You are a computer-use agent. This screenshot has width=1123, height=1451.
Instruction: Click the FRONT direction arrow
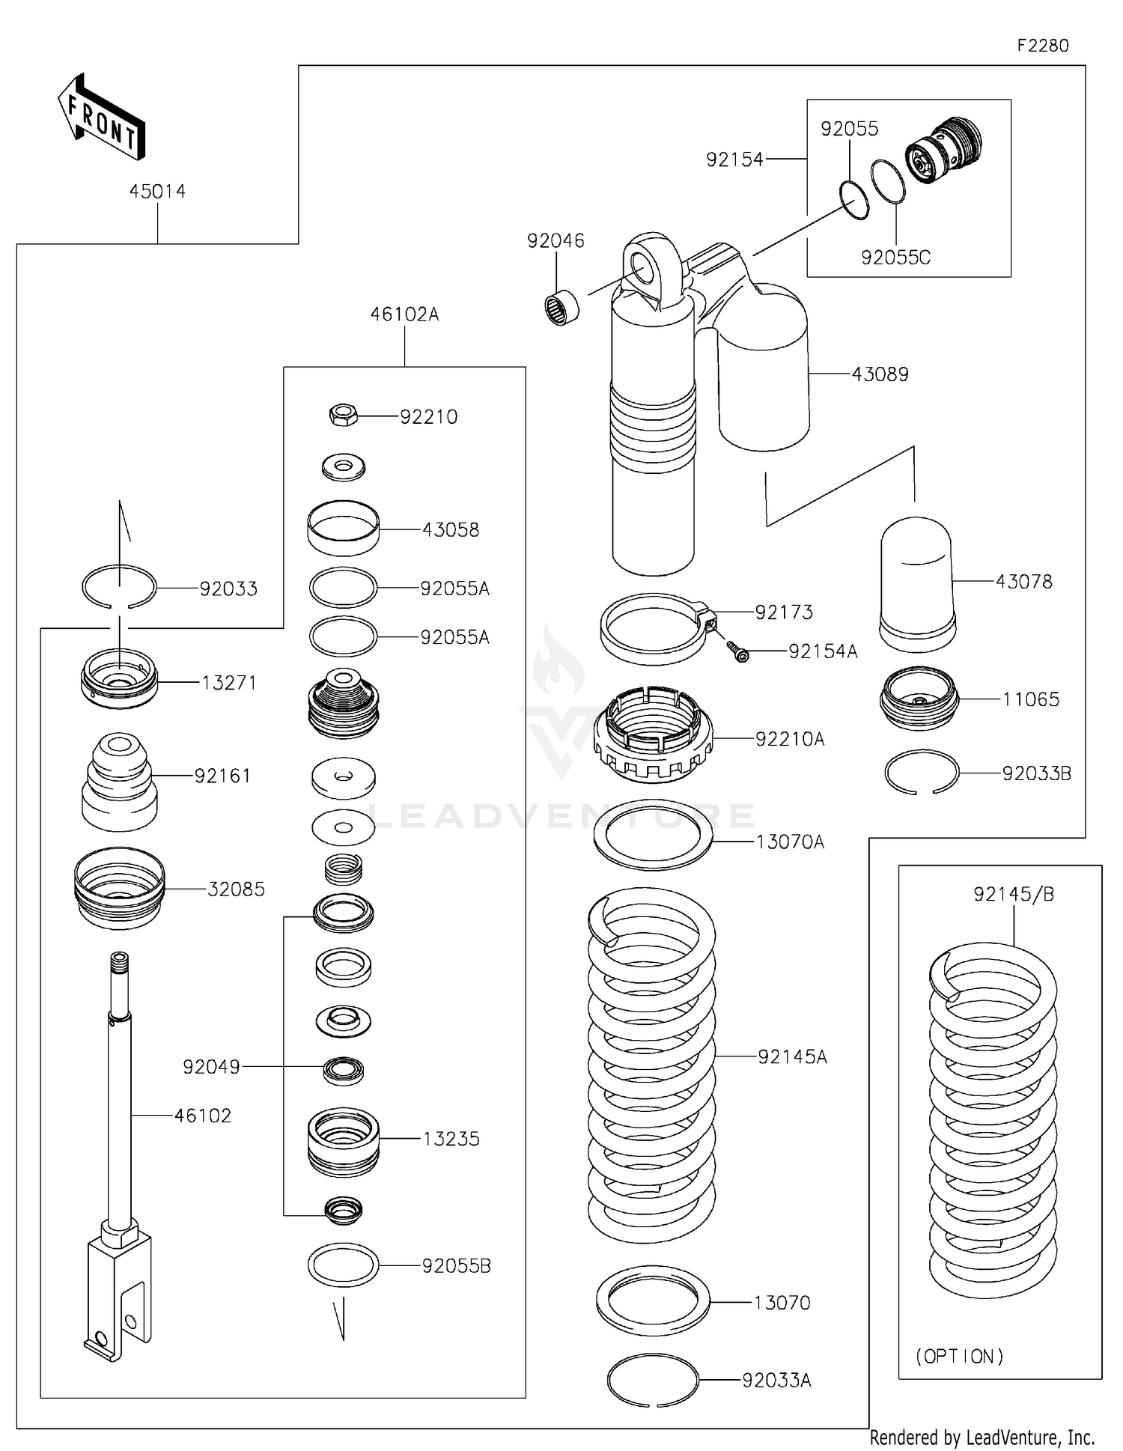click(101, 118)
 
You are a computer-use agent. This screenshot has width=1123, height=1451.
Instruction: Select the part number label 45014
click(157, 192)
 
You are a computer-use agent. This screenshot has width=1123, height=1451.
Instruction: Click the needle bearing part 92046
click(561, 308)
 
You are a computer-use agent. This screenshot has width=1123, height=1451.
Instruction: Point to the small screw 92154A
click(738, 651)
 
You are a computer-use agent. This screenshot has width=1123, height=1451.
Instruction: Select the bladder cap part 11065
click(919, 698)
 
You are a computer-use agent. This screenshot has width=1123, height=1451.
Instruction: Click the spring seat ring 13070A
click(652, 835)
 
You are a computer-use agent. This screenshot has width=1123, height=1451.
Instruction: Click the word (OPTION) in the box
click(959, 1355)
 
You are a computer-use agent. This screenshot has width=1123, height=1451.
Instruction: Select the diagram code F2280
click(1043, 46)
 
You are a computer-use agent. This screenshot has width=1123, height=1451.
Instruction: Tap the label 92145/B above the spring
click(1014, 895)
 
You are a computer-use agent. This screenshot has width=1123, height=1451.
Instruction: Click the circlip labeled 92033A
click(652, 1380)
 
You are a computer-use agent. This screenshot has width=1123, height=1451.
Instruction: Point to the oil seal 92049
click(343, 1070)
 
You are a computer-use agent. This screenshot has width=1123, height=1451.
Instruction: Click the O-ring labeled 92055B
click(343, 1265)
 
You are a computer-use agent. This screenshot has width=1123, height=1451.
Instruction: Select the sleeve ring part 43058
click(343, 528)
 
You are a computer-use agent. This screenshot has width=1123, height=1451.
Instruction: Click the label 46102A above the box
click(404, 314)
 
